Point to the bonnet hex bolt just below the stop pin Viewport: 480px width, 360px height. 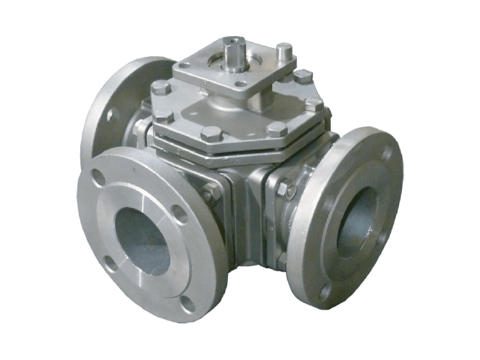pos(302,76)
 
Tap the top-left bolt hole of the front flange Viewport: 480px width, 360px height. pos(97,178)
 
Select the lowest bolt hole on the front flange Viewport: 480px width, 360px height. pos(188,304)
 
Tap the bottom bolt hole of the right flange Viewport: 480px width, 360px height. pos(325,292)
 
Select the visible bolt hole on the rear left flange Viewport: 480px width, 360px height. pos(112,115)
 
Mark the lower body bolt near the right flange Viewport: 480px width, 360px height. pos(282,259)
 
